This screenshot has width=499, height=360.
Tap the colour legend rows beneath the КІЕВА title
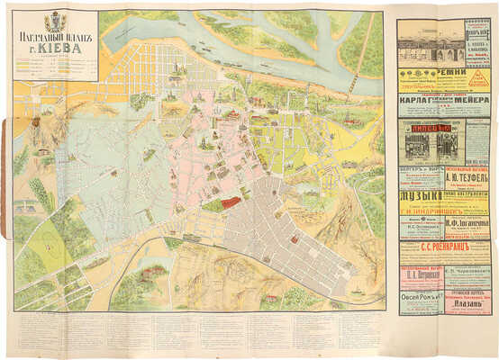(54, 67)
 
